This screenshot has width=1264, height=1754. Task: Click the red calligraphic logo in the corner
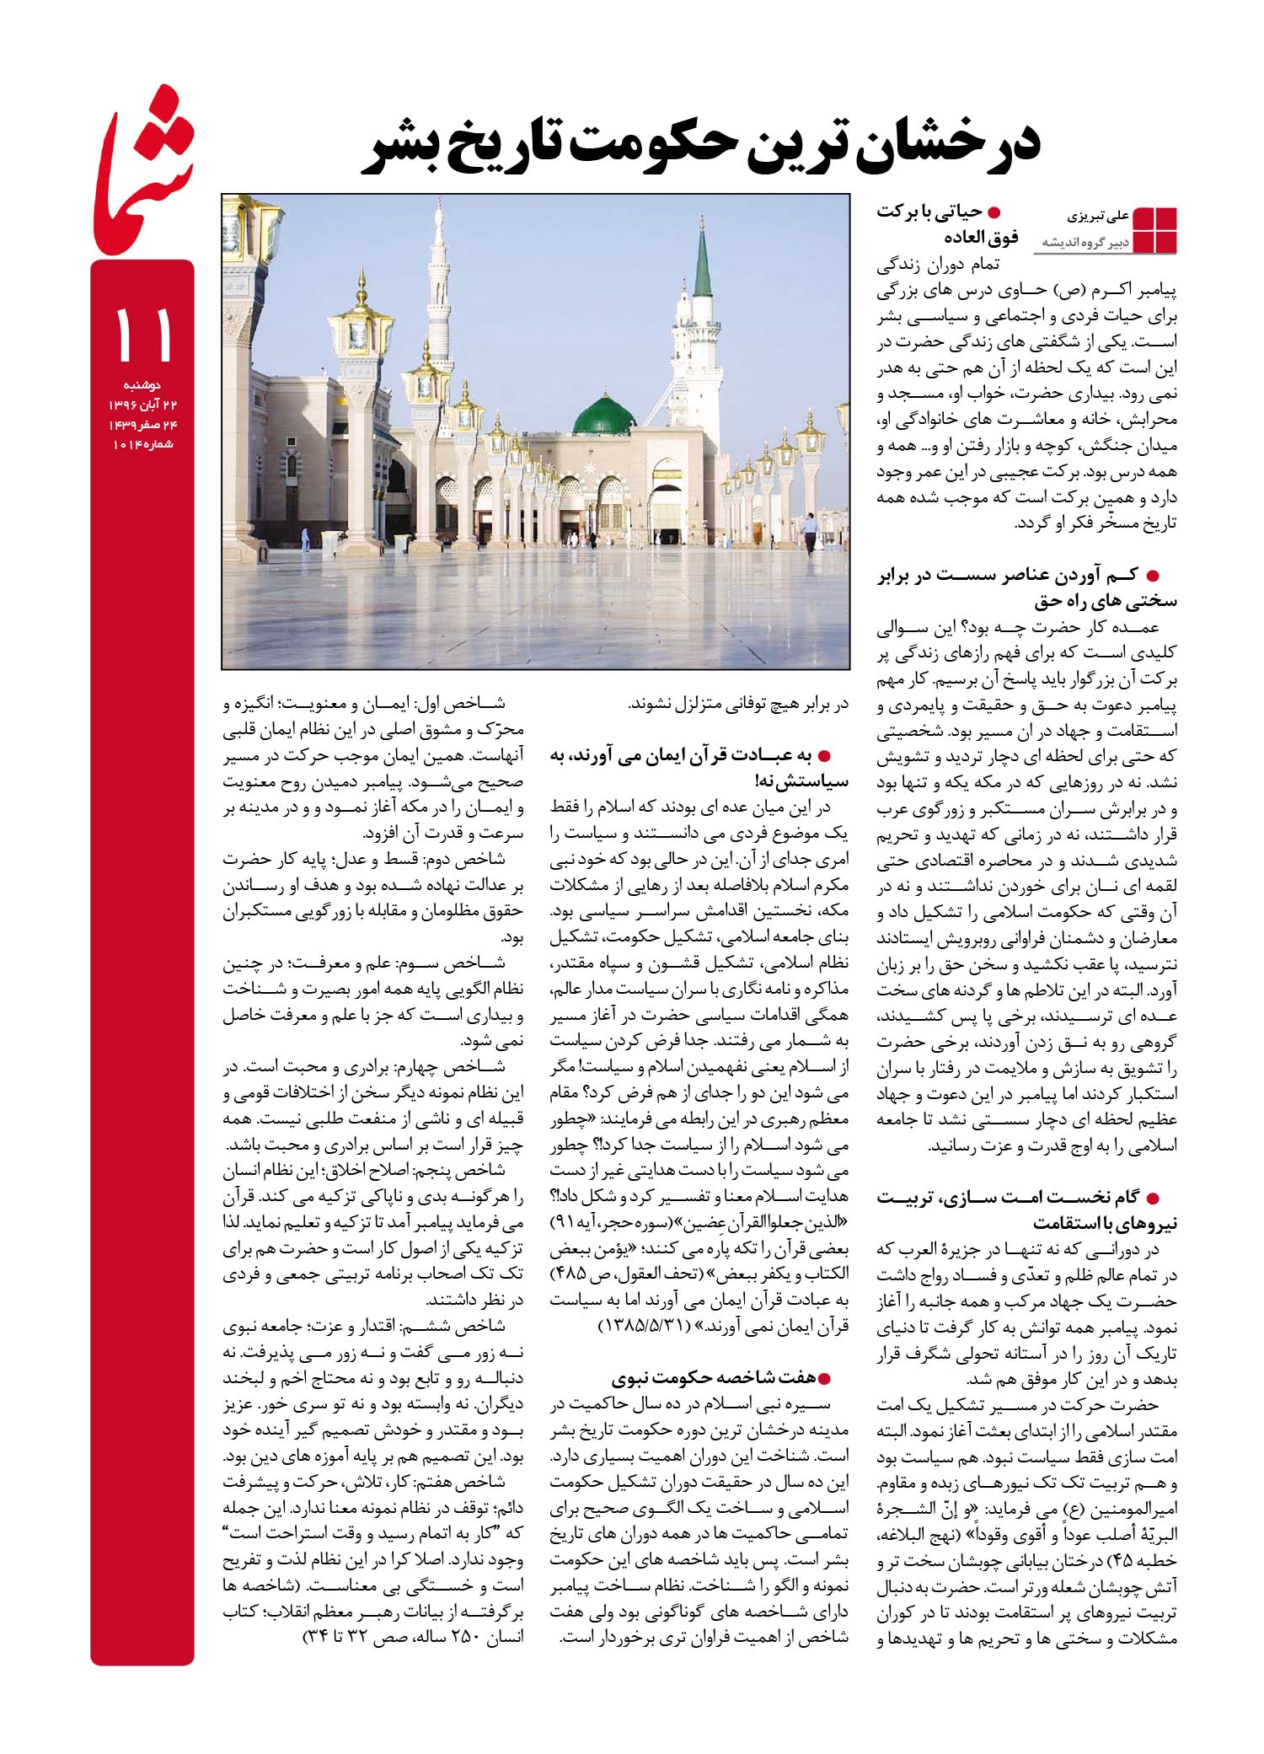point(143,185)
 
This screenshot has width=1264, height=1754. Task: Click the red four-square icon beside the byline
point(1154,228)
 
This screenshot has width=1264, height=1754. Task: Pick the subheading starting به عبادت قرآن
point(699,768)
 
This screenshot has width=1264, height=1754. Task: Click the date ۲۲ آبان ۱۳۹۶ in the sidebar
point(142,405)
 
